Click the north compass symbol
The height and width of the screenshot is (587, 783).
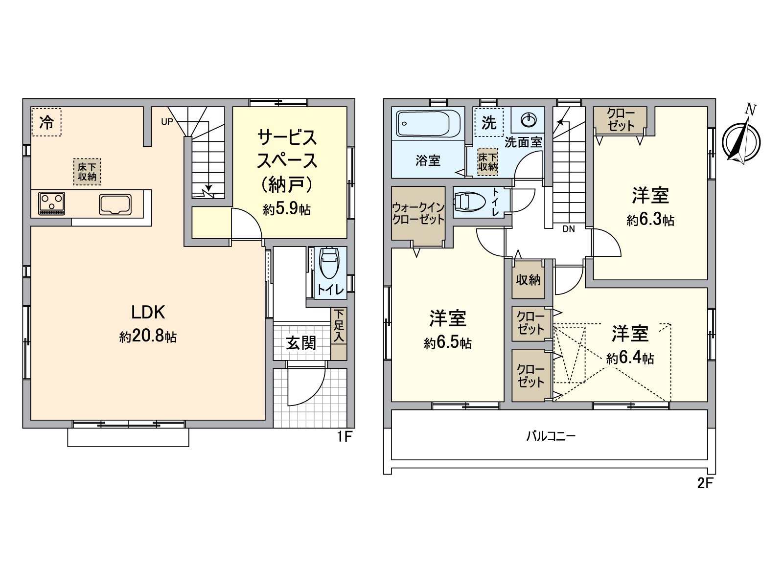click(741, 141)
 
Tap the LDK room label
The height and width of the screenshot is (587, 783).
click(148, 312)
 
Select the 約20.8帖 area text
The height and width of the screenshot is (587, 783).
click(148, 337)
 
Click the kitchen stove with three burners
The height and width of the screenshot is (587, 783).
click(52, 203)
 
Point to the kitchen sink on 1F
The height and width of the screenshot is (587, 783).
click(115, 204)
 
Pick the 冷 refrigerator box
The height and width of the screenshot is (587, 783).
click(46, 122)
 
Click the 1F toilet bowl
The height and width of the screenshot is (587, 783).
click(328, 264)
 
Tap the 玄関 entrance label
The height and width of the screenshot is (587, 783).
click(301, 343)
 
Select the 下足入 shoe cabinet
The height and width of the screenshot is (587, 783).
click(339, 326)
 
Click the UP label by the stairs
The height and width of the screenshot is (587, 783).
click(167, 122)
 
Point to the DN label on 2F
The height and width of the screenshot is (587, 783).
click(568, 229)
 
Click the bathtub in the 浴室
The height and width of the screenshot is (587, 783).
click(428, 123)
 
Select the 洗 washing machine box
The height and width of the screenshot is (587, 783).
click(489, 122)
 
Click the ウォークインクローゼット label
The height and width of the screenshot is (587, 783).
click(418, 214)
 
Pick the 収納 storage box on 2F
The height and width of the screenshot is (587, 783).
click(529, 280)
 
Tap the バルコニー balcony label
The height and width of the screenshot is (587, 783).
click(551, 436)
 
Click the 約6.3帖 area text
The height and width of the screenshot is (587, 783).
click(650, 220)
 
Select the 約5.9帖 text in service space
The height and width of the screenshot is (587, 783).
click(287, 209)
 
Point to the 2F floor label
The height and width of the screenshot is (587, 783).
click(705, 483)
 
